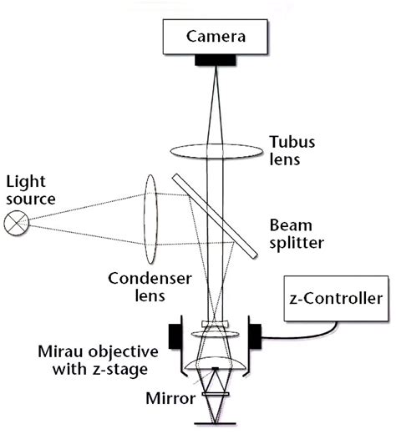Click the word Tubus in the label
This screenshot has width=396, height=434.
click(x=290, y=141)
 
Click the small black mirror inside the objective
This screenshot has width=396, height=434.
click(x=216, y=391)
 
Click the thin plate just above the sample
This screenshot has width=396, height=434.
click(x=216, y=408)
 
